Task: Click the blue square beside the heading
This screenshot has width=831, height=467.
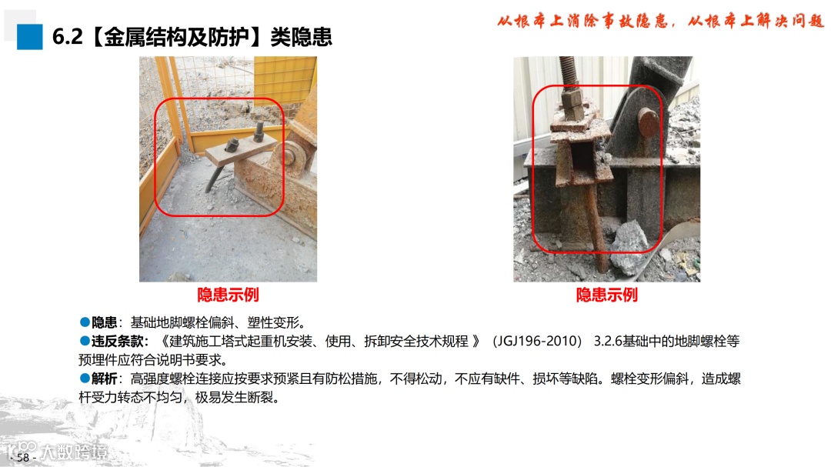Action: click(x=30, y=37)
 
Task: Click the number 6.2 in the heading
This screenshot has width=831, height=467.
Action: click(x=67, y=37)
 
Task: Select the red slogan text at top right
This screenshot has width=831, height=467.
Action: click(x=660, y=22)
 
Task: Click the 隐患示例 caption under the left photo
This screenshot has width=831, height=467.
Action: click(x=228, y=295)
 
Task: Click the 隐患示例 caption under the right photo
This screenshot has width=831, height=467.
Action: click(x=607, y=295)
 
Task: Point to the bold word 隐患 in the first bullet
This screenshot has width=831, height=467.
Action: click(x=104, y=322)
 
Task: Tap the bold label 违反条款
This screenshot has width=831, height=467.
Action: click(x=117, y=342)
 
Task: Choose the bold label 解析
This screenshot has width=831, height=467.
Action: click(x=104, y=379)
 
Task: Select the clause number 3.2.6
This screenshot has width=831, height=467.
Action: click(x=607, y=342)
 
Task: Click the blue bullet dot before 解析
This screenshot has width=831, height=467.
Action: click(x=85, y=379)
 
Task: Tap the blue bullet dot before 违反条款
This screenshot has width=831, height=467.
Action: click(x=85, y=341)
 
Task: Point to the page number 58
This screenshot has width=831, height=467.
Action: click(x=23, y=457)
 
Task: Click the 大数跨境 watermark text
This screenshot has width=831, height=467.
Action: click(x=74, y=452)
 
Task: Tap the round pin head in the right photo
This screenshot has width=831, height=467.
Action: click(x=648, y=122)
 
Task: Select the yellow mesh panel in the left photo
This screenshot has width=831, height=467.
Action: click(x=285, y=79)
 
